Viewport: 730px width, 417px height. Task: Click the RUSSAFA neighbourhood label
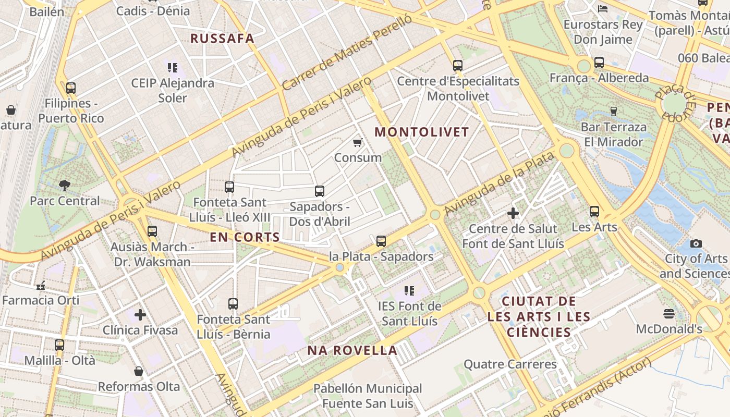[222, 39]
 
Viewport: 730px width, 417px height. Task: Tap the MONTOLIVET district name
[422, 132]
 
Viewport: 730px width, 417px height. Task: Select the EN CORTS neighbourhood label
[245, 237]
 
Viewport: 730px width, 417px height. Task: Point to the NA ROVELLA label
[352, 350]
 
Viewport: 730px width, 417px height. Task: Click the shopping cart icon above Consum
[358, 142]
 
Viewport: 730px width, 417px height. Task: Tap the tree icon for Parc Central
[64, 185]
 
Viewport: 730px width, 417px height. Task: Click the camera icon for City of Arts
[696, 243]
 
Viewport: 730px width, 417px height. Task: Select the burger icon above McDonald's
[669, 314]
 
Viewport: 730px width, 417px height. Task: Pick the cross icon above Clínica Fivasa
[140, 315]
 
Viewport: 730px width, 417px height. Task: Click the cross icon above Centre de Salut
[513, 213]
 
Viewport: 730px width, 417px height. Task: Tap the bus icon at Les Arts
[594, 212]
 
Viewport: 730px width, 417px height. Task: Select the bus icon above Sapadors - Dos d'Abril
[320, 191]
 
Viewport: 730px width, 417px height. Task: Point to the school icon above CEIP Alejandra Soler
[173, 67]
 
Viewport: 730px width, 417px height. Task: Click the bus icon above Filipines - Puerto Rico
[71, 88]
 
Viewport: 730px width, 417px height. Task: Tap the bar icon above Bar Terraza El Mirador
[614, 111]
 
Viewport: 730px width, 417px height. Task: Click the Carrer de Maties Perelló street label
[347, 52]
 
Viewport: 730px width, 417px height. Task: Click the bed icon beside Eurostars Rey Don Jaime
[603, 9]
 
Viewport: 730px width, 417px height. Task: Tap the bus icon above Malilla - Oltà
[59, 345]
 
